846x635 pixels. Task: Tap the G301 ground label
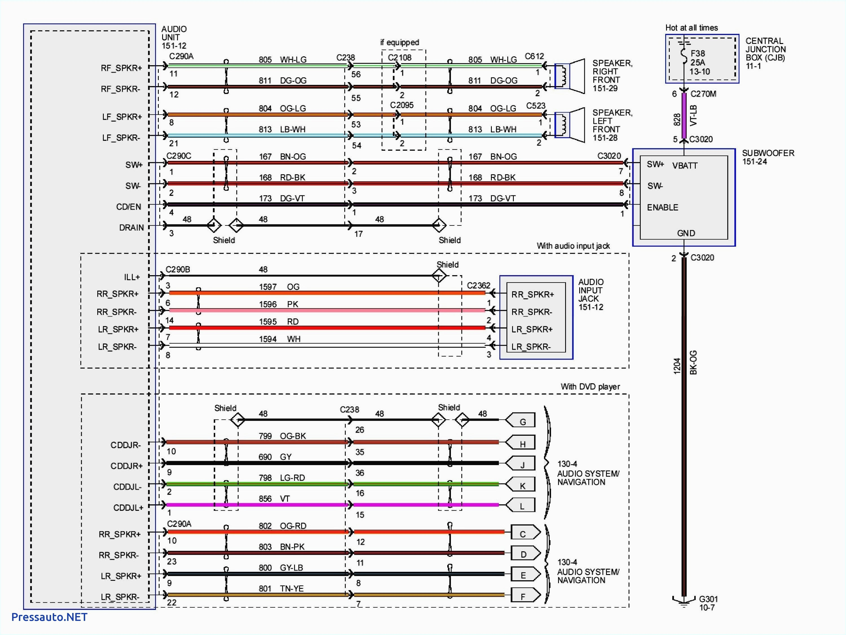click(x=708, y=603)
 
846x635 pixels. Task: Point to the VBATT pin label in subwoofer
click(x=685, y=166)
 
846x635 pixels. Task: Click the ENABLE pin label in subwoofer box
click(x=662, y=207)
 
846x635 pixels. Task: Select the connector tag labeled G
click(x=521, y=421)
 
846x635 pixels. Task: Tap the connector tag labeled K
click(x=521, y=485)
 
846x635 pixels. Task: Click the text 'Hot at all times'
click(x=691, y=28)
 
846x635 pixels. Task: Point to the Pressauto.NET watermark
click(x=49, y=617)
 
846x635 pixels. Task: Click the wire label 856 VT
click(x=274, y=498)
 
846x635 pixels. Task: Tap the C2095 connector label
click(x=402, y=105)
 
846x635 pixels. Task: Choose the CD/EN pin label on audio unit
click(x=129, y=207)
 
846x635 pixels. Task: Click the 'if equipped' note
click(x=399, y=42)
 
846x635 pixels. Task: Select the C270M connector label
click(x=703, y=94)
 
